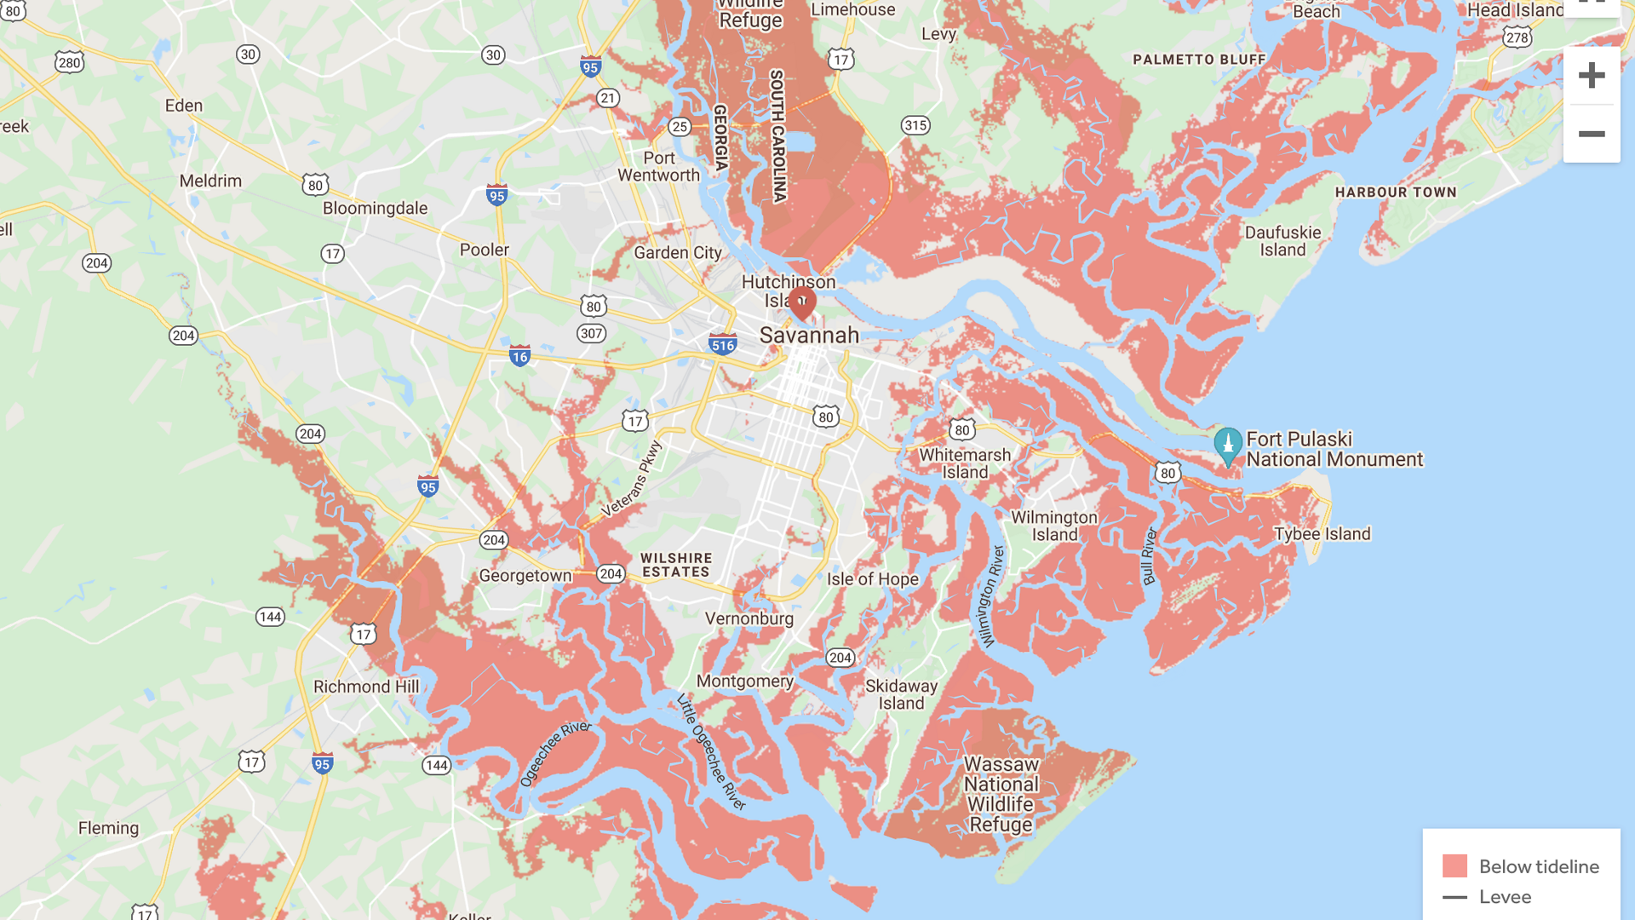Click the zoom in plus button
click(x=1591, y=76)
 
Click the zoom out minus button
click(x=1591, y=134)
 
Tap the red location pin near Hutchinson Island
click(x=801, y=302)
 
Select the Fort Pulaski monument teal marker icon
click(x=1227, y=445)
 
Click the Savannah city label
click(x=809, y=336)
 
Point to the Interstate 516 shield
click(x=723, y=344)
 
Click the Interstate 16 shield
click(x=519, y=356)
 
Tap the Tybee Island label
click(x=1322, y=534)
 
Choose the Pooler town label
click(x=484, y=250)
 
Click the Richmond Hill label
click(x=366, y=687)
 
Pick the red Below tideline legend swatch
click(x=1454, y=866)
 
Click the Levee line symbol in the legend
click(x=1454, y=897)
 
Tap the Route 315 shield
click(x=915, y=125)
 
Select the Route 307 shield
click(x=591, y=333)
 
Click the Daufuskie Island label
click(x=1282, y=241)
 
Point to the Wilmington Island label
click(x=1054, y=526)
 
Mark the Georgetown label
click(x=525, y=576)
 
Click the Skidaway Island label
click(x=901, y=694)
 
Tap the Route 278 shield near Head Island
click(x=1517, y=37)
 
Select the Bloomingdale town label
click(x=375, y=209)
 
